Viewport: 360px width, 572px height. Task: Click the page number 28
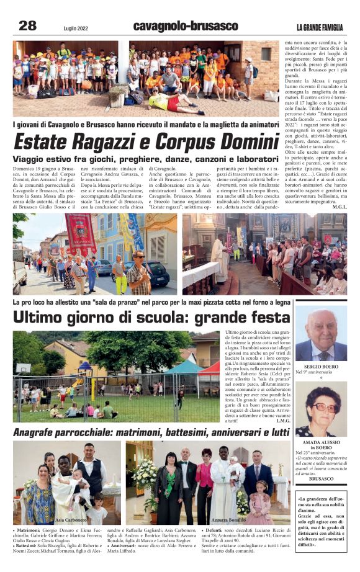[x=28, y=25]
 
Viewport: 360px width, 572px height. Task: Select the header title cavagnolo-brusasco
[x=185, y=26]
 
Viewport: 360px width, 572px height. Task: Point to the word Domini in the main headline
[x=239, y=141]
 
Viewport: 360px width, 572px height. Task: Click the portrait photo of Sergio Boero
[x=320, y=336]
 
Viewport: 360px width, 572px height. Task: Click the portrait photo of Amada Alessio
[x=320, y=409]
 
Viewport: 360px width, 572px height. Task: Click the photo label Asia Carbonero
[x=71, y=519]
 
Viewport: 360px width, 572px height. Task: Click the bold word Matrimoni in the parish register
[x=30, y=531]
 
